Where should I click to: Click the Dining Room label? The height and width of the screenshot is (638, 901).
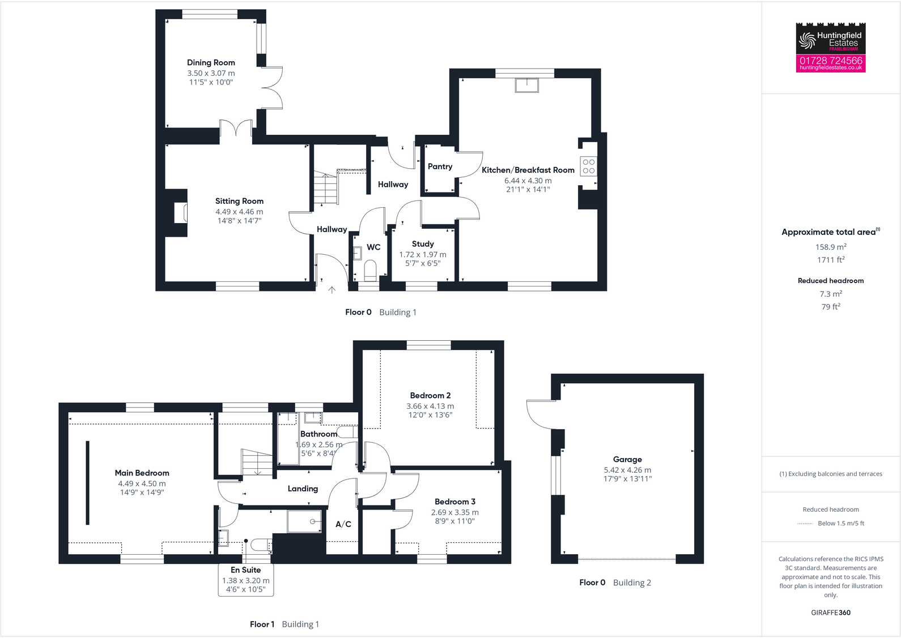211,63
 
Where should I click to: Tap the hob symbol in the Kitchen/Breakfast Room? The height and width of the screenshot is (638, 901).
589,166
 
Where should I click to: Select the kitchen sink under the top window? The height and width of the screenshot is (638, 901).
527,85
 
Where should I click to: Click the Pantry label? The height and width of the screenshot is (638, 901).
440,166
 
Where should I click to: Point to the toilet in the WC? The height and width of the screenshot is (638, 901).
370,269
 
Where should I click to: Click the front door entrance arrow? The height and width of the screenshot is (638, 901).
332,290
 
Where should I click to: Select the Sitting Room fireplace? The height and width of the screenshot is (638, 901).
181,213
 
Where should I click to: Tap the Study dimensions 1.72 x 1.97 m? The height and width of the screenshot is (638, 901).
423,255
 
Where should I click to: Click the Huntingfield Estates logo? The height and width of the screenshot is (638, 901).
830,38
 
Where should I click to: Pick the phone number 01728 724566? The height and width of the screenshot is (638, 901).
830,60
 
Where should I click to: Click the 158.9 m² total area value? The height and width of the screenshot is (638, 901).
831,247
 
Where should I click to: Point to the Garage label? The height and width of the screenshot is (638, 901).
627,460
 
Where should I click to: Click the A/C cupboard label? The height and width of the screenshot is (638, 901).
343,524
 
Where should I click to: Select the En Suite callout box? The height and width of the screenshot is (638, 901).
246,580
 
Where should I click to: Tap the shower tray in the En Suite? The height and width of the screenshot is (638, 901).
304,521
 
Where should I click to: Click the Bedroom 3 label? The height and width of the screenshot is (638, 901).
455,502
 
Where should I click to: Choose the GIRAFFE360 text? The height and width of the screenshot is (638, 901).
831,613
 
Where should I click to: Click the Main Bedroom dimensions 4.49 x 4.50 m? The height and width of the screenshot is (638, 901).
142,483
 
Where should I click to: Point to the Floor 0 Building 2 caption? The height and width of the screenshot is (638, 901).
615,583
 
